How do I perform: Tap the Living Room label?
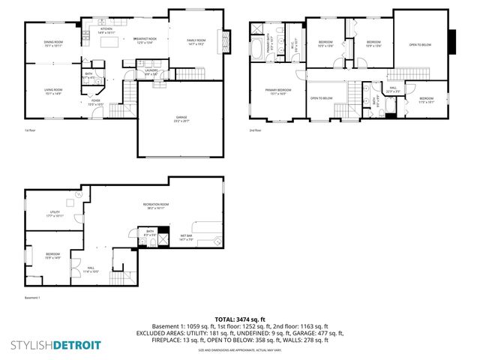pyautogui.click(x=52, y=91)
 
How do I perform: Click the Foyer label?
pyautogui.click(x=96, y=101)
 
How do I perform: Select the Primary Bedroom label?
pyautogui.click(x=277, y=91)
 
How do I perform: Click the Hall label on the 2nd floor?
pyautogui.click(x=393, y=90)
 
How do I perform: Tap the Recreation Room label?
pyautogui.click(x=156, y=205)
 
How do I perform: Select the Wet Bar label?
pyautogui.click(x=187, y=238)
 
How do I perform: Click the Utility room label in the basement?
pyautogui.click(x=54, y=214)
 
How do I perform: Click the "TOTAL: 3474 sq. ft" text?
pyautogui.click(x=241, y=319)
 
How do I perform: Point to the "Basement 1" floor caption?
pyautogui.click(x=31, y=298)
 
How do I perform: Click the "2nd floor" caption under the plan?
pyautogui.click(x=255, y=130)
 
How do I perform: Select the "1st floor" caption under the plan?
pyautogui.click(x=31, y=130)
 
